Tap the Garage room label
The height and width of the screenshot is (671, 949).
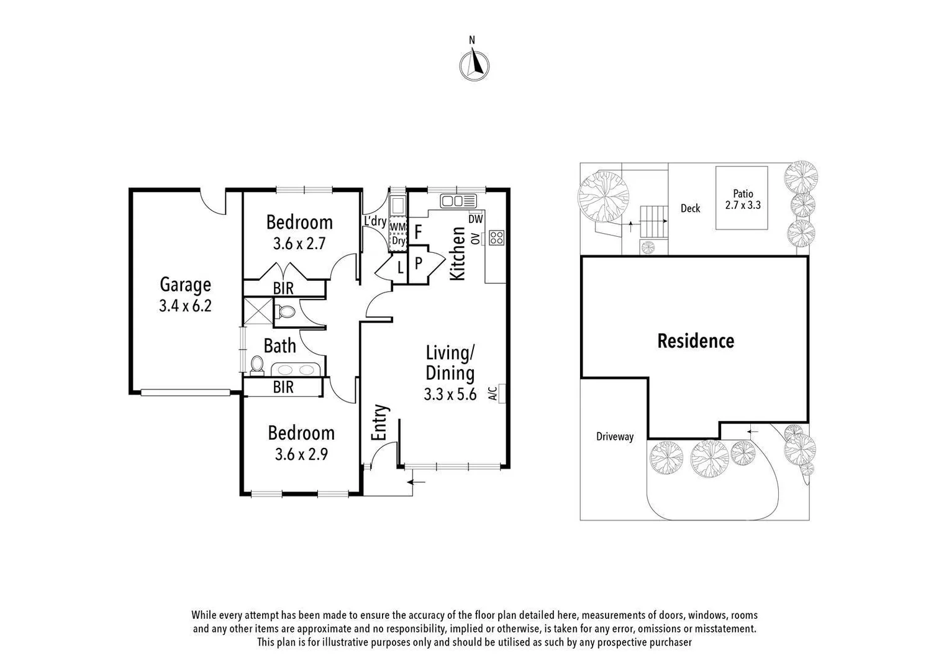coord(185,285)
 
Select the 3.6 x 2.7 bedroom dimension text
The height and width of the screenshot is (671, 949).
coord(299,244)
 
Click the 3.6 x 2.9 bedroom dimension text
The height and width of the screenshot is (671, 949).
coord(301,454)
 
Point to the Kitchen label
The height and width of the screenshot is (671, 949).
coord(458,253)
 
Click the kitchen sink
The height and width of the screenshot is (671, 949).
coord(458,201)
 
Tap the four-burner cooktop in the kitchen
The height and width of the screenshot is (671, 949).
coord(496,237)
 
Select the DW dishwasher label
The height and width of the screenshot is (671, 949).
coord(476,219)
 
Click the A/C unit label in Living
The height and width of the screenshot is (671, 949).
coord(493,393)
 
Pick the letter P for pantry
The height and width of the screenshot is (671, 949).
coord(418,263)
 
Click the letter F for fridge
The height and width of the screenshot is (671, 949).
coord(418,232)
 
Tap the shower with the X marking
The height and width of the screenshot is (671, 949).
coord(258,311)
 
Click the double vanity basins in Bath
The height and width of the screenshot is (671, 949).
coord(295,370)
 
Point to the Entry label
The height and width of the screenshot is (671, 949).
coord(379,422)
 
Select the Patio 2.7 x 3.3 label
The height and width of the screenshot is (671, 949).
coord(743,199)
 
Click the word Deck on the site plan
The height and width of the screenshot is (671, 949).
coord(690,208)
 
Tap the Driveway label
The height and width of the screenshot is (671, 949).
coord(615,437)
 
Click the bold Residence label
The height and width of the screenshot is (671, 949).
coord(696,341)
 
